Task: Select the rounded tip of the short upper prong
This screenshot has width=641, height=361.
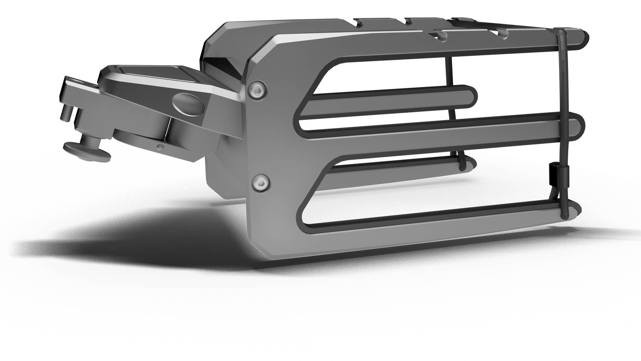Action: (x=474, y=97)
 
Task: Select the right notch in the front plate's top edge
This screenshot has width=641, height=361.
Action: (x=503, y=33)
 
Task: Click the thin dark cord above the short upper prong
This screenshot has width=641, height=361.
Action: (x=448, y=71)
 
